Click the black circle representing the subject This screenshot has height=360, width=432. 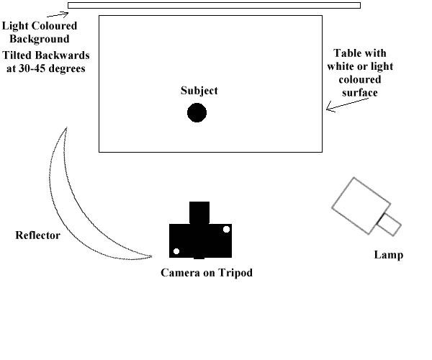[197, 113]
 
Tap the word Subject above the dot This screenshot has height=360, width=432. [199, 91]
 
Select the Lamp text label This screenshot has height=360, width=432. [388, 255]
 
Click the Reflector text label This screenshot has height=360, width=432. [37, 235]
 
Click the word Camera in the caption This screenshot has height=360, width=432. [179, 273]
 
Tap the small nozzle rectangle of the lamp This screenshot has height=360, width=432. [389, 224]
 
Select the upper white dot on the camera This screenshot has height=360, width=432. [226, 229]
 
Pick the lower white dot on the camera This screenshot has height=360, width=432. [176, 251]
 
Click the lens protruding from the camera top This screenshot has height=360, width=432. [199, 212]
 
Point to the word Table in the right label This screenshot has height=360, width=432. [346, 54]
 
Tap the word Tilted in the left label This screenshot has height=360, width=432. [19, 55]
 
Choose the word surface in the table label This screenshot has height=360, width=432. [359, 93]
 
